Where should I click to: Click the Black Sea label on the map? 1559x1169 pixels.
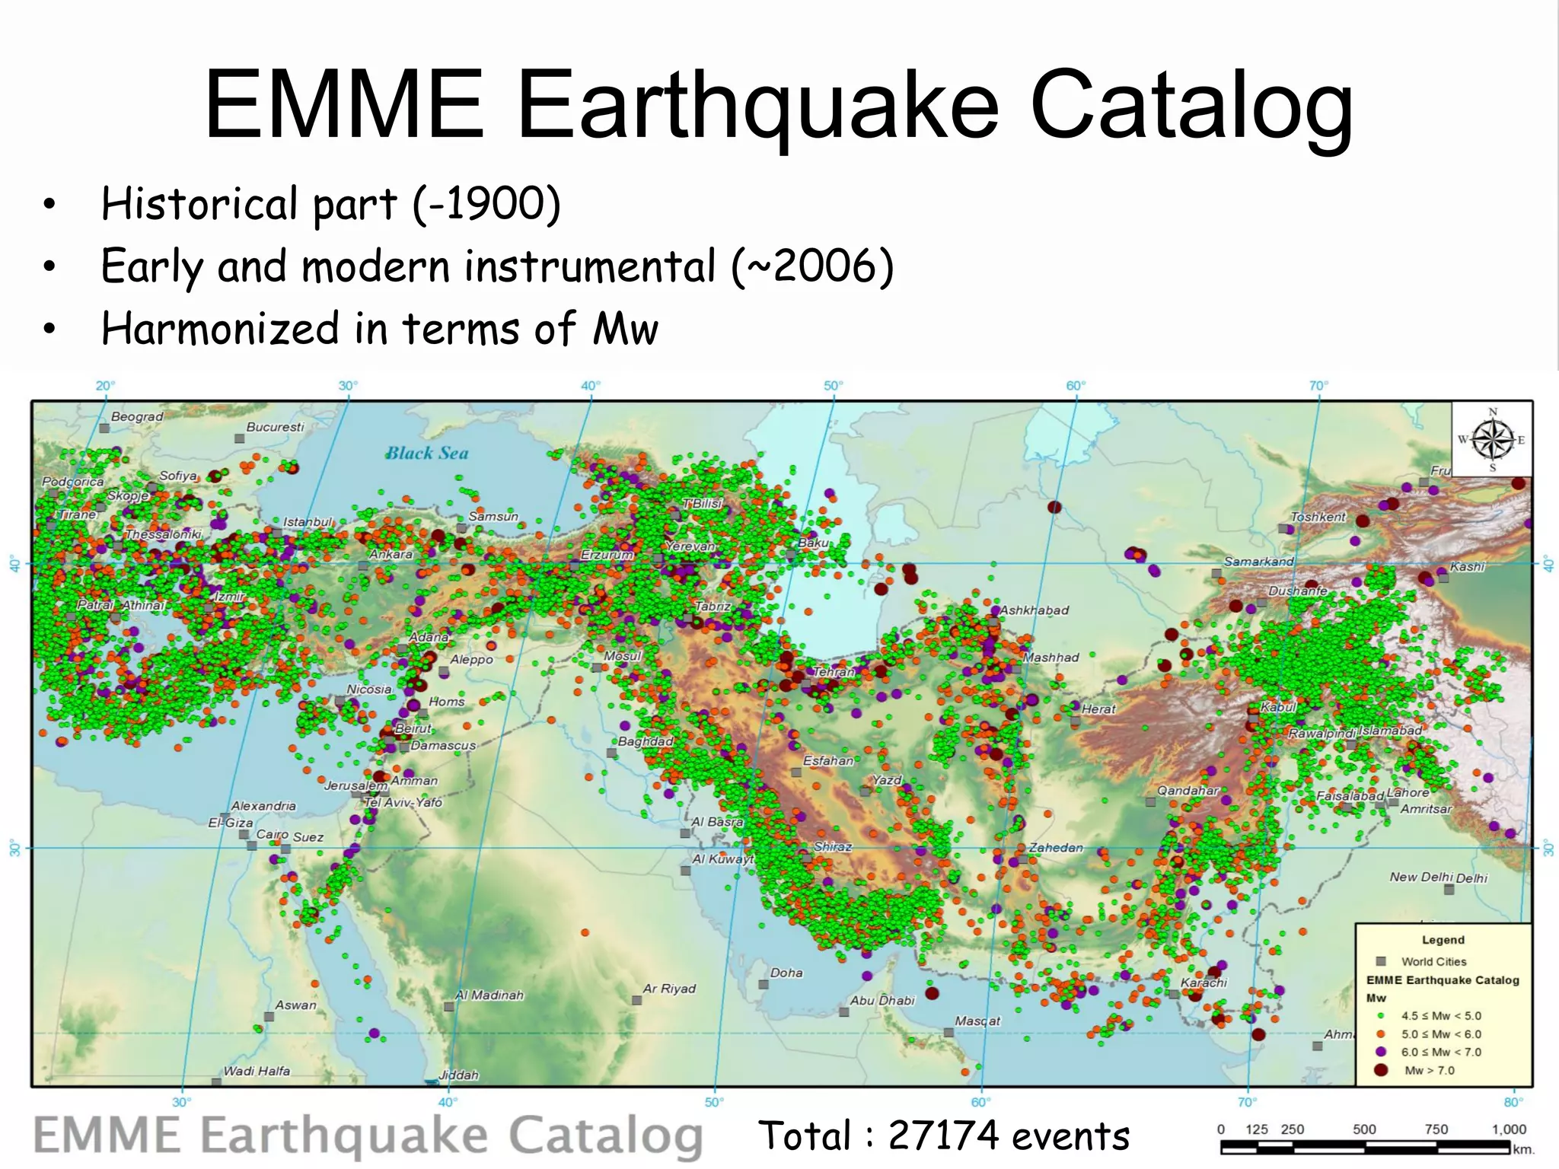[x=426, y=454]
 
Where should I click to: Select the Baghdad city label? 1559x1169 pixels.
[x=646, y=741]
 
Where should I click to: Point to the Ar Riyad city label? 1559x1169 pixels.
[x=669, y=988]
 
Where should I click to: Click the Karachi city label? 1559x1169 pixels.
[x=1204, y=982]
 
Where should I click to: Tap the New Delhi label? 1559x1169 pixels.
[x=1420, y=877]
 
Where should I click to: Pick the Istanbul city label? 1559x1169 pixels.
[x=308, y=521]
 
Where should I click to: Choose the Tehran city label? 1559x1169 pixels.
[x=834, y=672]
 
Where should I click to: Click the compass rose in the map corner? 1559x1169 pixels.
[x=1492, y=439]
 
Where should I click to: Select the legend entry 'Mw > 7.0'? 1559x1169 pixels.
[x=1429, y=1070]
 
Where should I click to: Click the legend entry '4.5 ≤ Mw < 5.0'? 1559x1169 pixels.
[x=1441, y=1015]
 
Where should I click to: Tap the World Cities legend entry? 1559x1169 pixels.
[x=1433, y=961]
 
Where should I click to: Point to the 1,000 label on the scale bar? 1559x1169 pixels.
[x=1509, y=1129]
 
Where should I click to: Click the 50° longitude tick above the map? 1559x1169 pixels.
[x=833, y=386]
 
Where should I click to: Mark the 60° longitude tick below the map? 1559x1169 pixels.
[x=980, y=1102]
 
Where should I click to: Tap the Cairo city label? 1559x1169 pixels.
[x=272, y=833]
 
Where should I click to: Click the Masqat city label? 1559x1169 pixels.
[x=977, y=1021]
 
